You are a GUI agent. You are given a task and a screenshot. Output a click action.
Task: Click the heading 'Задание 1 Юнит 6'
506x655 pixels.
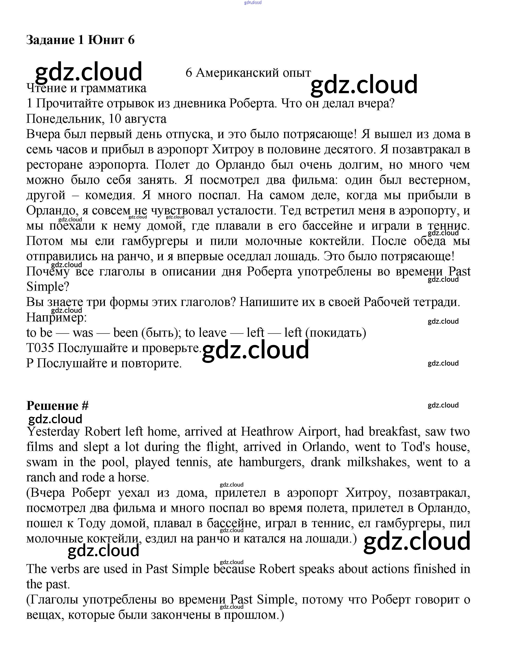click(80, 40)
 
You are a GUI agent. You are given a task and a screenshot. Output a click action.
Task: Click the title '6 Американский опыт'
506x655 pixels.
click(248, 73)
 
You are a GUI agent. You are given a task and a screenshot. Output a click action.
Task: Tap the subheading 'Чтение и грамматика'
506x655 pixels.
click(86, 88)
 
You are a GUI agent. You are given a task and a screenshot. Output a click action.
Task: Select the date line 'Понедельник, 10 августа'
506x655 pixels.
click(96, 119)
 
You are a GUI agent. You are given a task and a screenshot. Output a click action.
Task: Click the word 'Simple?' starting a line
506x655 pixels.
click(48, 287)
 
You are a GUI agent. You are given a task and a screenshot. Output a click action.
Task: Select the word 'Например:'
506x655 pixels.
click(56, 317)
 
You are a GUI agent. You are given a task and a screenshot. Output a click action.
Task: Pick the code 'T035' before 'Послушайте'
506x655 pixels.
click(40, 348)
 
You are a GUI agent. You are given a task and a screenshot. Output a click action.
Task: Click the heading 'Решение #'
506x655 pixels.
click(57, 406)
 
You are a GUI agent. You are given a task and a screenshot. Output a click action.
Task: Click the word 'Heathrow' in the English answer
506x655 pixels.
click(267, 432)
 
